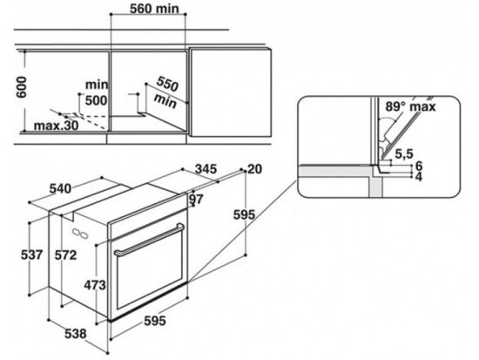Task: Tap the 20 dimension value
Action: click(254, 167)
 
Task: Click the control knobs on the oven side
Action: click(83, 234)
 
